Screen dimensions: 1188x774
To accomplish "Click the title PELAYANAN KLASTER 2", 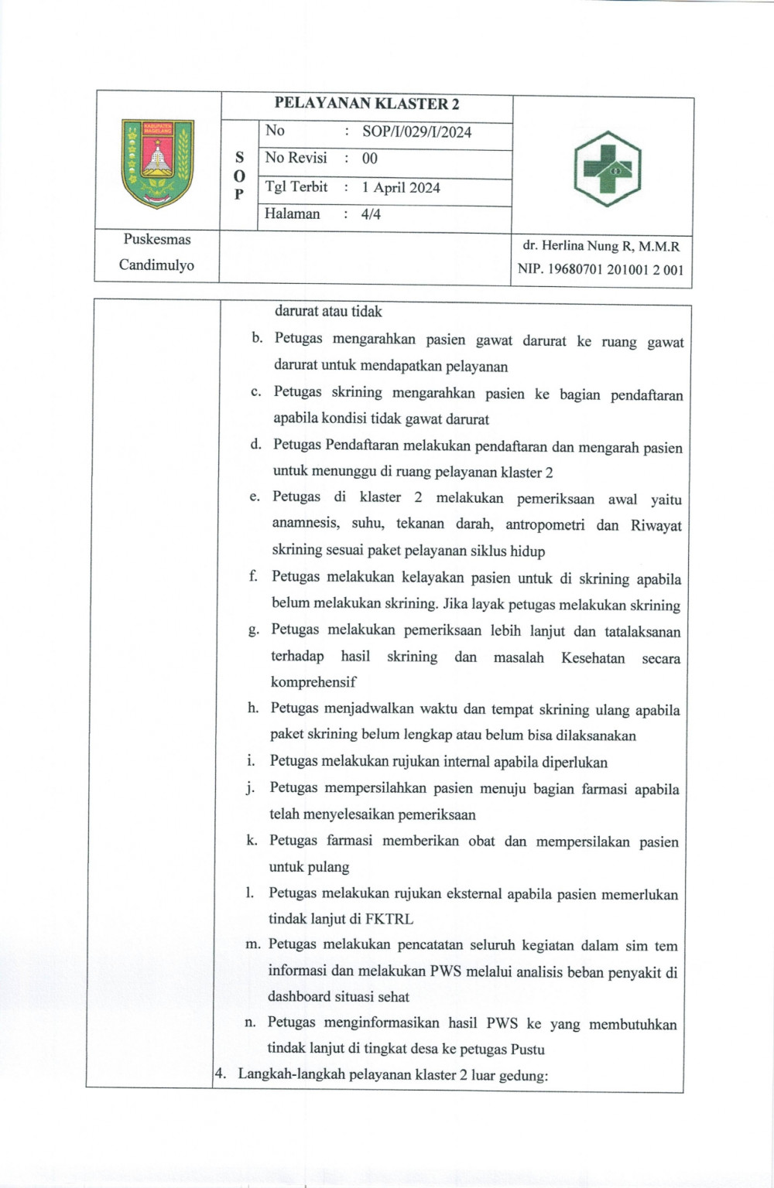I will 367,104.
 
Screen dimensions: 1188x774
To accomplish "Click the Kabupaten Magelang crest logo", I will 158,163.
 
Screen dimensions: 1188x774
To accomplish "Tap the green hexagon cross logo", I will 607,169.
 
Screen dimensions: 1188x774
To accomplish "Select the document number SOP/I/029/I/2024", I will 416,131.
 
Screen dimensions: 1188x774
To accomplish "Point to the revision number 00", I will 370,159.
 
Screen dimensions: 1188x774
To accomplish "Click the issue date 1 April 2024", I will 401,187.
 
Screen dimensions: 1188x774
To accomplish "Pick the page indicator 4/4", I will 371,214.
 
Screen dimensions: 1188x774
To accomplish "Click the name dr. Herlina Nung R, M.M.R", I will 601,247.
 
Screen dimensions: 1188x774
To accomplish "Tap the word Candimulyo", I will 156,265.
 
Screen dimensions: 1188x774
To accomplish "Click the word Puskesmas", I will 157,239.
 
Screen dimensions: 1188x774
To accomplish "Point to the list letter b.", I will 256,339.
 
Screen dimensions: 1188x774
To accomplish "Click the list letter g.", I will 253,630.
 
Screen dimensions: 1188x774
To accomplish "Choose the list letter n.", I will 250,1022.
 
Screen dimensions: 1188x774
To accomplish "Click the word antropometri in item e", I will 545,525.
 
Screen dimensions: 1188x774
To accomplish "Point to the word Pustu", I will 528,1050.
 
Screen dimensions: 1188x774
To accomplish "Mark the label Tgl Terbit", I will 296,187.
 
